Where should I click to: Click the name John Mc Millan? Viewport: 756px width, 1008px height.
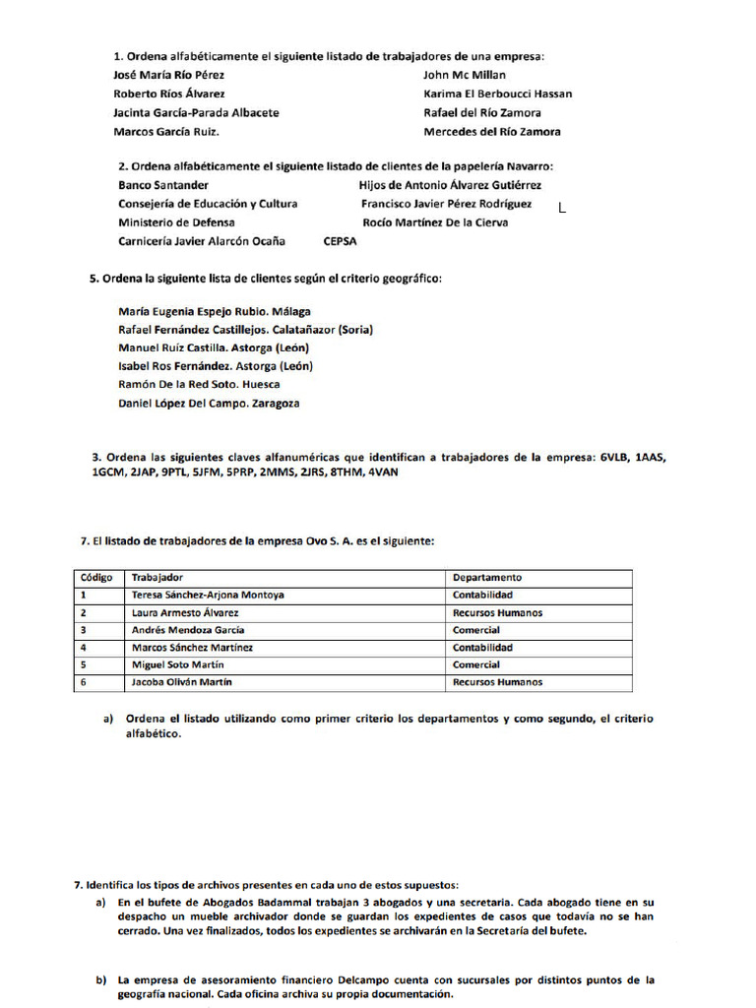pyautogui.click(x=465, y=75)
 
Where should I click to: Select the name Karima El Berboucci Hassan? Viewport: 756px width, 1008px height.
pyautogui.click(x=497, y=94)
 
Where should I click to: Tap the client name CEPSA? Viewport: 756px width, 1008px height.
pyautogui.click(x=340, y=241)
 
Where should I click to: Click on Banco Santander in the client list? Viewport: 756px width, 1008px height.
pyautogui.click(x=163, y=185)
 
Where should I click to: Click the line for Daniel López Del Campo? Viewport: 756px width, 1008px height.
pyautogui.click(x=209, y=404)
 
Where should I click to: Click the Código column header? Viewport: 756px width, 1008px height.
pyautogui.click(x=96, y=578)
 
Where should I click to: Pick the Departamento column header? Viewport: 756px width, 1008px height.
pyautogui.click(x=486, y=578)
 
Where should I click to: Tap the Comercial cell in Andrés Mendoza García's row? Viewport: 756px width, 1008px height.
pyautogui.click(x=476, y=630)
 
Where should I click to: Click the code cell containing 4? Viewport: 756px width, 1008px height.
pyautogui.click(x=84, y=648)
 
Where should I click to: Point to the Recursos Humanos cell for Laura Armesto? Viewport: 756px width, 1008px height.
pyautogui.click(x=497, y=613)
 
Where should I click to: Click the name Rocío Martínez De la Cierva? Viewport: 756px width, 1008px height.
pyautogui.click(x=435, y=222)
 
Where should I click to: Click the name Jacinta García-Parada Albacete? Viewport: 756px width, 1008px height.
pyautogui.click(x=196, y=112)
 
